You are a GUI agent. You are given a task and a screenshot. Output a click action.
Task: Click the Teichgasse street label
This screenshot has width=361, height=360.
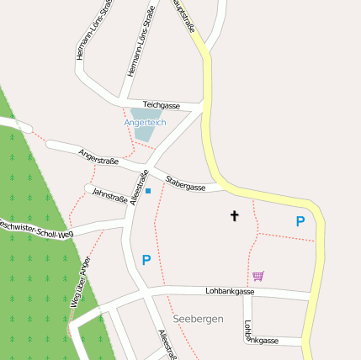(x=162, y=105)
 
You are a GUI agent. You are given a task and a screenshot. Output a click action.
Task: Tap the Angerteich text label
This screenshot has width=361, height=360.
(x=145, y=123)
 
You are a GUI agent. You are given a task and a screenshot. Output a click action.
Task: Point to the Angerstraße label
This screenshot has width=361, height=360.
(x=98, y=156)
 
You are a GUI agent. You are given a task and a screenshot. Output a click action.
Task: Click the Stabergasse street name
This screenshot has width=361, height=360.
(x=185, y=183)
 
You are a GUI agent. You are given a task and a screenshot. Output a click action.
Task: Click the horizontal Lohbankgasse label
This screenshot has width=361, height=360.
(x=230, y=291)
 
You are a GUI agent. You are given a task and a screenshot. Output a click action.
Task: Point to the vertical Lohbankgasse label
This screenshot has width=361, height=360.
(x=248, y=330)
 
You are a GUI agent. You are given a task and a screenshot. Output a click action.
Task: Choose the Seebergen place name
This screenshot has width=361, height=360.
(x=198, y=320)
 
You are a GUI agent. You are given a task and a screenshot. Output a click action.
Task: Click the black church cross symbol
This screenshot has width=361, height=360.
(x=234, y=216)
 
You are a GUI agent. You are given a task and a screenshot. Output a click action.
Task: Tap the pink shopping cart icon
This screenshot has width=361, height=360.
(x=257, y=276)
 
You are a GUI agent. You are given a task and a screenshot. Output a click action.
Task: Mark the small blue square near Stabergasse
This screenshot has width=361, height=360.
(x=148, y=191)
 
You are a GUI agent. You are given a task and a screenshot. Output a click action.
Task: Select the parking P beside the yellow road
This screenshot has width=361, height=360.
(x=300, y=221)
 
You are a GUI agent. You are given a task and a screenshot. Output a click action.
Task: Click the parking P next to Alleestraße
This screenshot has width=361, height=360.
(x=146, y=261)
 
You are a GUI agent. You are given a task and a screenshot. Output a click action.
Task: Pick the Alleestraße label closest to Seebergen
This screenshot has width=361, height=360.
(x=167, y=344)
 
